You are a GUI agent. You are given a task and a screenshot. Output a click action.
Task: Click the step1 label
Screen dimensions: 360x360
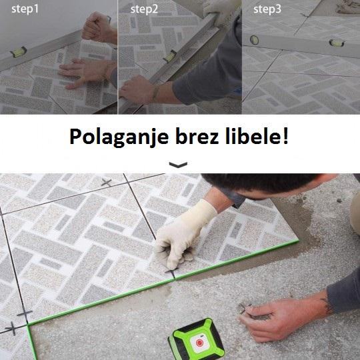(x=25, y=9)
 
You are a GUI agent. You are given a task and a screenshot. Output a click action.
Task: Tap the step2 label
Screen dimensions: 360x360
(x=144, y=9)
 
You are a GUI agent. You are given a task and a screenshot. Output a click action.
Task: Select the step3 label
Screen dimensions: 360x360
(x=267, y=9)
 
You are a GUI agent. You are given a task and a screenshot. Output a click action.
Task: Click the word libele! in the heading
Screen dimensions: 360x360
(x=257, y=136)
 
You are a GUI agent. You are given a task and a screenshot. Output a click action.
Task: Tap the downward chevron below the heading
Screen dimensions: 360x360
(x=178, y=165)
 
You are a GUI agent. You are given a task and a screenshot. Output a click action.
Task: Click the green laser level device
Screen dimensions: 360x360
(x=196, y=340)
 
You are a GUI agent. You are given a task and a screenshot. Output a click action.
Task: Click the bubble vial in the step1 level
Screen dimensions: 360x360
(x=19, y=53)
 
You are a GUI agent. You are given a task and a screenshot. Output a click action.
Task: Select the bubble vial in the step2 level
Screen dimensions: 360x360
(x=170, y=56)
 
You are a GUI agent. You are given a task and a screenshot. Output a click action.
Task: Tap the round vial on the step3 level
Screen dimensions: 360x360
(x=254, y=40)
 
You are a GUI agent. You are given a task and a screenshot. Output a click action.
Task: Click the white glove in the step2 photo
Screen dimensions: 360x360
(x=221, y=9)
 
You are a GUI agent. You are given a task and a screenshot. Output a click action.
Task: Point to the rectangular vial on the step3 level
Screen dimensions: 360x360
(x=337, y=43)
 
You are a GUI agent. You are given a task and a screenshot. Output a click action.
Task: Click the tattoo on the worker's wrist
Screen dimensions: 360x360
(x=328, y=307)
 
